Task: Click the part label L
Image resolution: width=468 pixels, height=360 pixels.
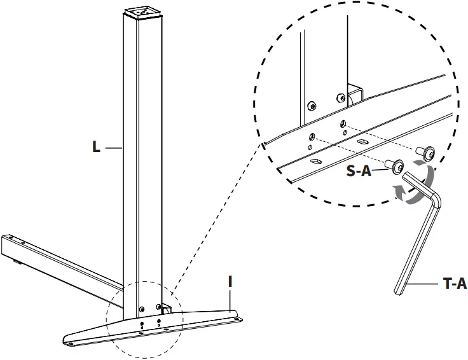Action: (96, 147)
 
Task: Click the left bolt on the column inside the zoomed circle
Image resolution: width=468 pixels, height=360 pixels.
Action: (312, 106)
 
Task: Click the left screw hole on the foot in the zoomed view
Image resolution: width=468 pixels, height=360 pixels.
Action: (313, 135)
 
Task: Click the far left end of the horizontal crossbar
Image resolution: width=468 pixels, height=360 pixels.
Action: (5, 244)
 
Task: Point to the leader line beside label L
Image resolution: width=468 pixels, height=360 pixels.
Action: (113, 148)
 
